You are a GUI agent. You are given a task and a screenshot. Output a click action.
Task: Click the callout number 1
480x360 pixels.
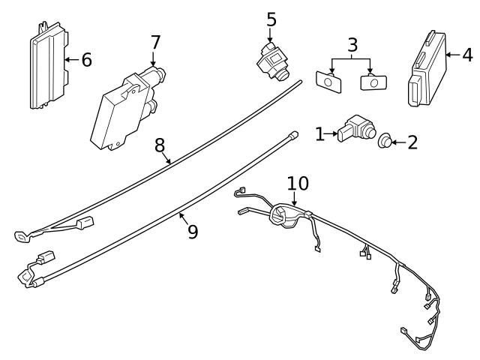[320, 134]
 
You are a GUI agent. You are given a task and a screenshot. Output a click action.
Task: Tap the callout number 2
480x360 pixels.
[412, 142]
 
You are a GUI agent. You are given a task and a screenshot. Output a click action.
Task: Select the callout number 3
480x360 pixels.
[352, 46]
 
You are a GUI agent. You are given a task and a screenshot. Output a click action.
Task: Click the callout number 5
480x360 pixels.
[271, 18]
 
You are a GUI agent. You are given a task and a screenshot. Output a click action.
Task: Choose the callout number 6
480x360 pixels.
[86, 59]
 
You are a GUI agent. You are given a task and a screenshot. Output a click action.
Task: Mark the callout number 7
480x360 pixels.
[154, 42]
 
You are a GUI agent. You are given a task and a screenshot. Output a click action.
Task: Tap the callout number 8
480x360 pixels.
[160, 144]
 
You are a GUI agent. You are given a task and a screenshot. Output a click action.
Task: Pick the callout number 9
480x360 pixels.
[192, 232]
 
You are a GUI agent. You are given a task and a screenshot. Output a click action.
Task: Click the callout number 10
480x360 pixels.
[297, 183]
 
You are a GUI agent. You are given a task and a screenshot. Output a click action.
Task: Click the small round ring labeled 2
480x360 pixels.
[385, 140]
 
